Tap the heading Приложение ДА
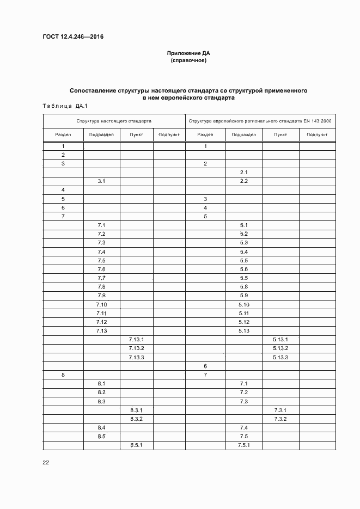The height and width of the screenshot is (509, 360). click(x=188, y=53)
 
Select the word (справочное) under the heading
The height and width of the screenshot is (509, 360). click(x=188, y=60)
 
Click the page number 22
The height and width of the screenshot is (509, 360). click(x=46, y=462)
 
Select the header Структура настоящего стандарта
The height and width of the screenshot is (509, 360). click(x=114, y=121)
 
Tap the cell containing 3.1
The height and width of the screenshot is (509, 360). click(x=101, y=181)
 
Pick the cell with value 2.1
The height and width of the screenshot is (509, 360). click(x=243, y=172)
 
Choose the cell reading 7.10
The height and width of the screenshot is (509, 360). click(x=101, y=304)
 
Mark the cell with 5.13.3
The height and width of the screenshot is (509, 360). click(x=280, y=357)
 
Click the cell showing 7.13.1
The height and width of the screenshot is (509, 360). click(x=136, y=340)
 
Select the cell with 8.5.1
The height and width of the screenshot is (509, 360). click(x=136, y=445)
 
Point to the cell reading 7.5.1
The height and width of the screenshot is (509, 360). click(x=243, y=445)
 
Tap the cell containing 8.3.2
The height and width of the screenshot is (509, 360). click(x=136, y=419)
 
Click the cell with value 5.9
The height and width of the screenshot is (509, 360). click(x=243, y=296)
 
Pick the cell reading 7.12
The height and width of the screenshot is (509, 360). click(x=101, y=322)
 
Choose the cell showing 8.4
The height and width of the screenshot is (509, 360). click(x=101, y=428)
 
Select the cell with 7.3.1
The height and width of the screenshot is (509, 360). click(x=280, y=410)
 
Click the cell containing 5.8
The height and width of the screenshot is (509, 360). click(x=243, y=287)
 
